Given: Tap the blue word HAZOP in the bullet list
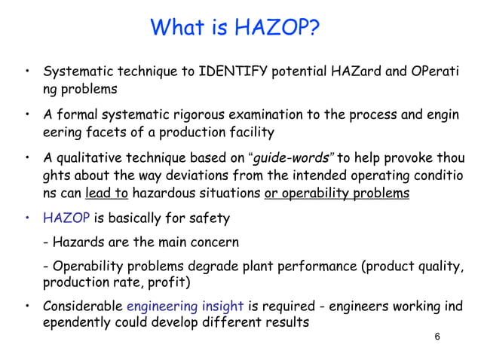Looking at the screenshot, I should [x=66, y=219].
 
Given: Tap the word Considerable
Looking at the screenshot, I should [x=82, y=306].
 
